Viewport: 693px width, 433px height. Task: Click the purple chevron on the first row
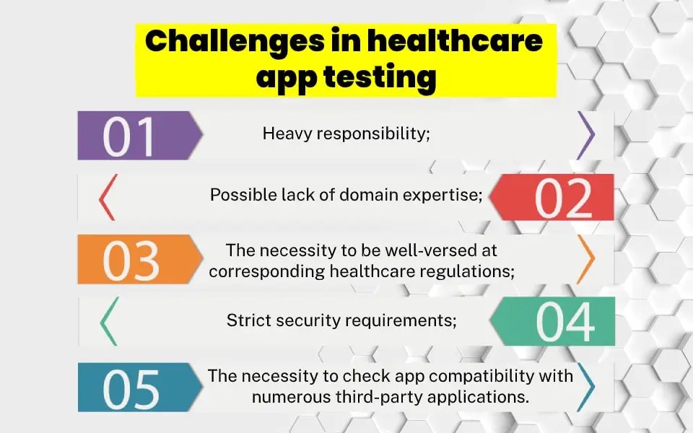(585, 136)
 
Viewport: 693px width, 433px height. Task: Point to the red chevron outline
(107, 197)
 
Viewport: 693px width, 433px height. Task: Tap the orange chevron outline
(585, 259)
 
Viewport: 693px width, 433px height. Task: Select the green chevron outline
(108, 321)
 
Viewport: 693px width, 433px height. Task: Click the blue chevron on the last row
(585, 388)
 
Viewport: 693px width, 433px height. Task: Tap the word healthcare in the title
(454, 42)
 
